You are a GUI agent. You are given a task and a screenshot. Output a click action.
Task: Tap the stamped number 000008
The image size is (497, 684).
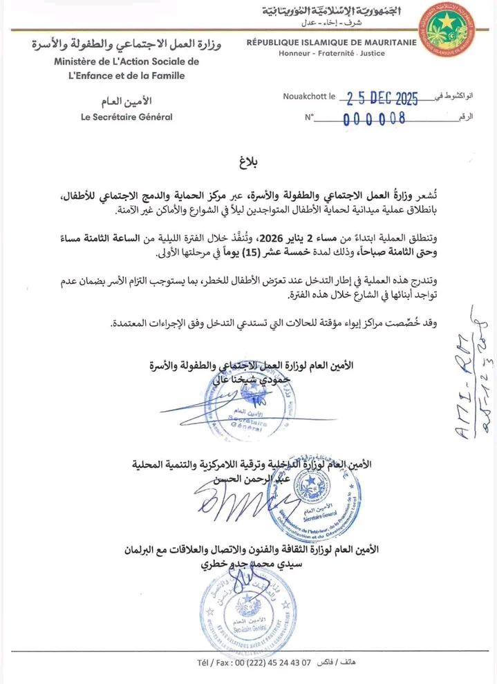[x=375, y=118]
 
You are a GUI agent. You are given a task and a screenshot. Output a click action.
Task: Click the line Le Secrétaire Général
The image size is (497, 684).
[x=126, y=117]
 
